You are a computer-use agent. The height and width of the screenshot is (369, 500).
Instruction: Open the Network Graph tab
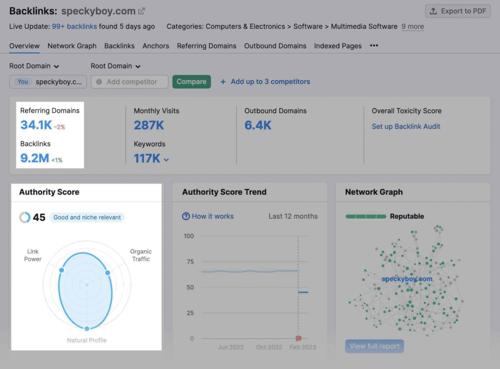tap(72, 46)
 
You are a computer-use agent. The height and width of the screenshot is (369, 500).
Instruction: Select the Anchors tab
tap(156, 46)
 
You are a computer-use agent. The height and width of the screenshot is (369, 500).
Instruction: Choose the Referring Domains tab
tap(207, 46)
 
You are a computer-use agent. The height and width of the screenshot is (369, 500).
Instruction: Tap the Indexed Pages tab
tap(338, 46)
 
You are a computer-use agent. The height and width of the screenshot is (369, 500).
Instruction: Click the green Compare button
tap(191, 82)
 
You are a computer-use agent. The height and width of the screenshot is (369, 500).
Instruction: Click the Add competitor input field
tap(130, 82)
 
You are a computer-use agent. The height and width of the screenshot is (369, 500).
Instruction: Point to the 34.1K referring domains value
tap(36, 125)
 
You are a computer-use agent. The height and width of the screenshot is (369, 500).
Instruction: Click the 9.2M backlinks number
tap(34, 158)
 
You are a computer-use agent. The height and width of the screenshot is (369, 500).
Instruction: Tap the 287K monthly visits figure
tap(149, 125)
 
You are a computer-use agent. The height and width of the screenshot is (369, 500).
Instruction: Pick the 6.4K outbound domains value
tap(258, 125)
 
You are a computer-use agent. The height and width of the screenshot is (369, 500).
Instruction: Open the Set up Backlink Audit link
tap(406, 126)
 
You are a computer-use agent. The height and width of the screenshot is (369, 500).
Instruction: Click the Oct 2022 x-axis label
tap(269, 348)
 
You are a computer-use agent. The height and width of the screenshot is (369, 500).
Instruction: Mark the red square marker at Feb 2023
tap(298, 338)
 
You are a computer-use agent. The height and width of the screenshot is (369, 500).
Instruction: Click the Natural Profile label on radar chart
tap(87, 340)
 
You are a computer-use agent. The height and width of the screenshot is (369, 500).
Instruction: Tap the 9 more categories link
tap(413, 26)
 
